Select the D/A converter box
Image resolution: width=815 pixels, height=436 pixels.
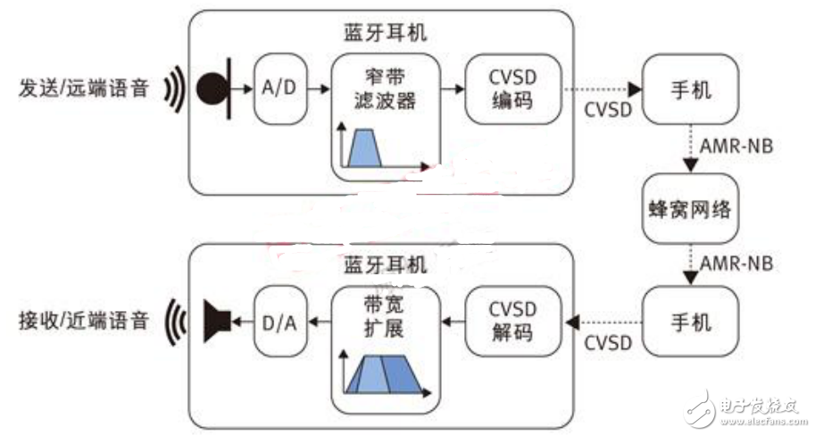[278, 319]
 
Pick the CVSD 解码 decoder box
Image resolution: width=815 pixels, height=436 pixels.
[512, 320]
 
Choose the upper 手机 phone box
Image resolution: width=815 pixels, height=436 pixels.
[690, 90]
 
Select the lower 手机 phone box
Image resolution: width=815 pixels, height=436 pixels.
[690, 320]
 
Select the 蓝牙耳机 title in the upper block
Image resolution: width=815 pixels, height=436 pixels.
[386, 33]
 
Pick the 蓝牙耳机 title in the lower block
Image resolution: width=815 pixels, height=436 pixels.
[386, 264]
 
